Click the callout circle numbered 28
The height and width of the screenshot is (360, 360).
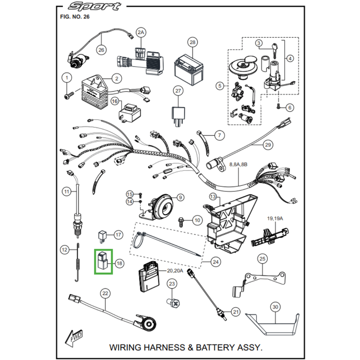coord(193,42)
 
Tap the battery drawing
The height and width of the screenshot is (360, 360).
coord(189,70)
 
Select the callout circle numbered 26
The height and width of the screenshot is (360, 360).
coord(101,50)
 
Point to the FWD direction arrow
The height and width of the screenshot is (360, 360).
coord(73,338)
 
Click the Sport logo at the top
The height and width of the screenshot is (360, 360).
coord(94,6)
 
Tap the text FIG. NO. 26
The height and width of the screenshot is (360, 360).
coord(75,17)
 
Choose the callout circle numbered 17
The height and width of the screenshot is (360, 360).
coord(118,234)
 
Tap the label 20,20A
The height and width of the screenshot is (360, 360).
coord(175,271)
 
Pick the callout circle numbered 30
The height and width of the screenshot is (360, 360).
coord(275,307)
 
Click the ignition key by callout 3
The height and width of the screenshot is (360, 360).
coord(274,49)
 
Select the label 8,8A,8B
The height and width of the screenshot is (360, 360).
coord(238,164)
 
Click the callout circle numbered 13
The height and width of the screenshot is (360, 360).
coord(213,197)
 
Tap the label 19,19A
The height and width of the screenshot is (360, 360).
coord(275,218)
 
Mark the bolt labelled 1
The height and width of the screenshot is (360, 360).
coord(69,94)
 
